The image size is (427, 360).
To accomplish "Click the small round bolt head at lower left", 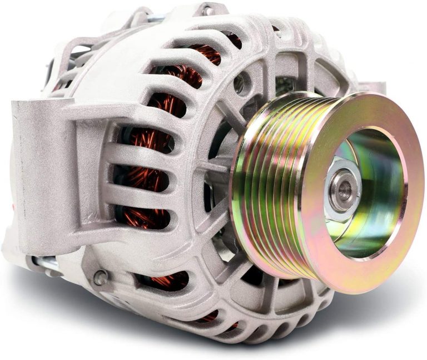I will tap(101, 276).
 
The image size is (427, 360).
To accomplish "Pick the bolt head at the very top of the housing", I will tap(206, 9).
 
